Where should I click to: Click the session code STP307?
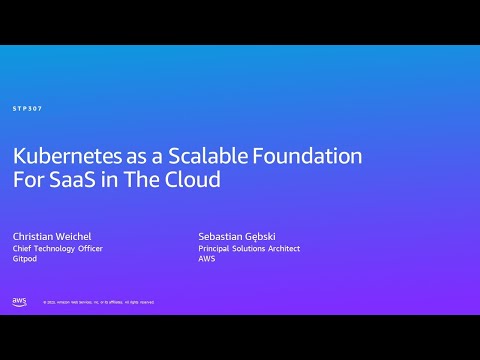click(x=27, y=108)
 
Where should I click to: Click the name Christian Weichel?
click(x=53, y=236)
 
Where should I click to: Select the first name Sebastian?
click(x=222, y=236)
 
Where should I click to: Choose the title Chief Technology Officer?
click(x=57, y=248)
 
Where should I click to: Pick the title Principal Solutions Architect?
click(x=249, y=248)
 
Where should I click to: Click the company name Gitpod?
click(x=24, y=259)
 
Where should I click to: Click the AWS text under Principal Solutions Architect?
click(x=207, y=259)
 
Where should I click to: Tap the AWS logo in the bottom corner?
click(x=19, y=301)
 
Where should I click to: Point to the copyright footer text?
click(x=98, y=302)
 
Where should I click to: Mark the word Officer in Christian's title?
click(x=87, y=248)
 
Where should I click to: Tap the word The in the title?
click(x=149, y=182)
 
